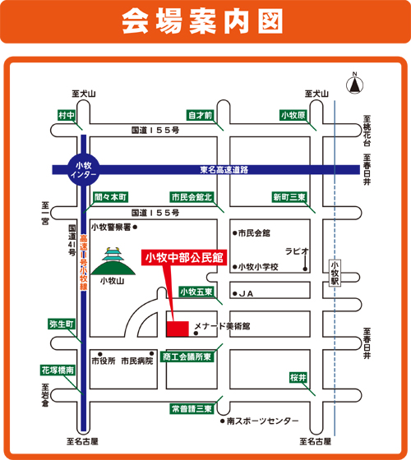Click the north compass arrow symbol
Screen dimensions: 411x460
tap(354, 85)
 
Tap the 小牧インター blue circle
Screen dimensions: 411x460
tap(84, 170)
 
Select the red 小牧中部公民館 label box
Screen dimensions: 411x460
tap(184, 258)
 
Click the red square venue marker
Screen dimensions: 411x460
tap(178, 329)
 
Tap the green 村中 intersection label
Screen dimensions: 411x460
tap(67, 115)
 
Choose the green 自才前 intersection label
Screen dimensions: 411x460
tap(200, 115)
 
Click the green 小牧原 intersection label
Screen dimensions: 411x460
tap(293, 115)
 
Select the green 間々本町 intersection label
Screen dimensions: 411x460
tap(110, 197)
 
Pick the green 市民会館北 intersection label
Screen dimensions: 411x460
tap(192, 197)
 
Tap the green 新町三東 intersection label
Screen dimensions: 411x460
tap(289, 197)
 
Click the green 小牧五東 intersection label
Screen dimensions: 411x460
tap(196, 292)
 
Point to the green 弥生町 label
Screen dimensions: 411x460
tap(62, 324)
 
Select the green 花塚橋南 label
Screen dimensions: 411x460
tap(58, 370)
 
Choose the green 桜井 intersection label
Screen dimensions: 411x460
tap(298, 378)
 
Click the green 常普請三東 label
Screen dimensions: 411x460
tap(192, 409)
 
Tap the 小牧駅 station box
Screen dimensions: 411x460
tap(335, 273)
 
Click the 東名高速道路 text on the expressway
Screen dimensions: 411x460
tap(224, 170)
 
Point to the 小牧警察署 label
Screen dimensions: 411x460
tap(111, 227)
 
